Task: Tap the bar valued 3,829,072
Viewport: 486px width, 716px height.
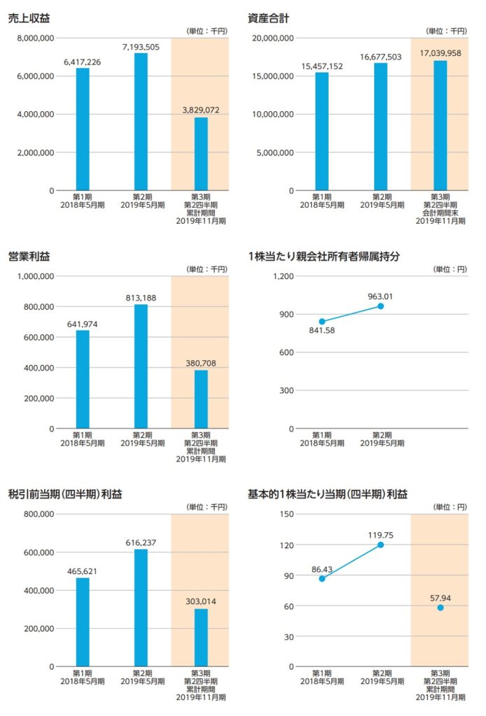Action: (201, 154)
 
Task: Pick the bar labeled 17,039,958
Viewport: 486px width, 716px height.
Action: (440, 126)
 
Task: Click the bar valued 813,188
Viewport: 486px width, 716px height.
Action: (141, 366)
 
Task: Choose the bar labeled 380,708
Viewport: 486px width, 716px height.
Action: (201, 399)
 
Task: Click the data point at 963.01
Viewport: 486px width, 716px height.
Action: (380, 306)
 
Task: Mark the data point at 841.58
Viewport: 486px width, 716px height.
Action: (322, 322)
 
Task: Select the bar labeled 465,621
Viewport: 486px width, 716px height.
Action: (83, 622)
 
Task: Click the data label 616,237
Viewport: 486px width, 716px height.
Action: (141, 543)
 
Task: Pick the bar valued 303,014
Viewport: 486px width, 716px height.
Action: (201, 637)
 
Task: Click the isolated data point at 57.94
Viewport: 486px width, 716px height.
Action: (440, 608)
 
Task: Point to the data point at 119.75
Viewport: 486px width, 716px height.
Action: (380, 545)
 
